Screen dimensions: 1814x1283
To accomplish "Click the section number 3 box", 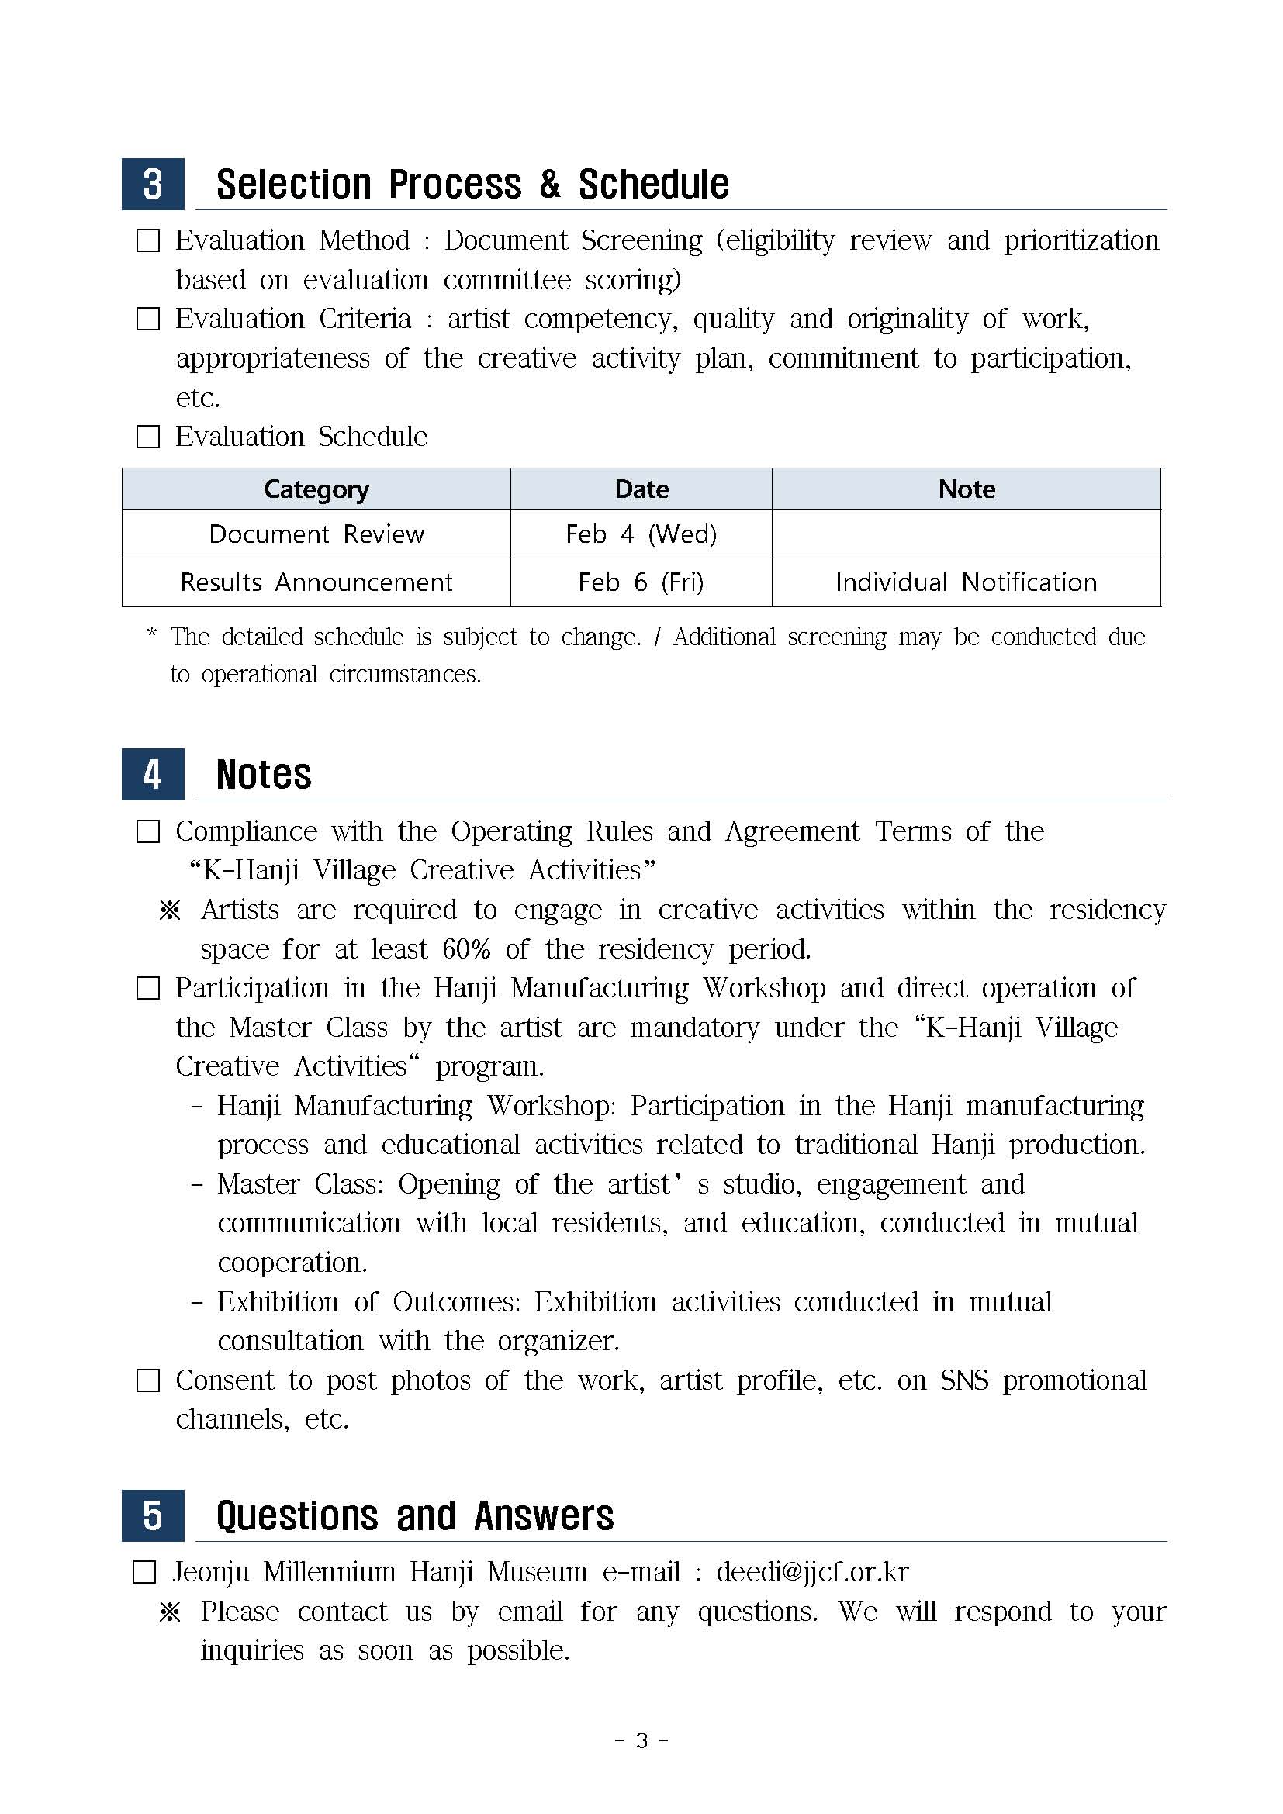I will tap(153, 184).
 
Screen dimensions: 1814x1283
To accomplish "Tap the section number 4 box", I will tap(153, 774).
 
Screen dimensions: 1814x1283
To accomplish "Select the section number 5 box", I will tap(153, 1515).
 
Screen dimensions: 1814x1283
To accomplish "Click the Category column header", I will tap(316, 489).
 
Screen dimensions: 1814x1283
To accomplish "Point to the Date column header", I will tap(641, 489).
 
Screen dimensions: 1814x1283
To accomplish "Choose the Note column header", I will tap(967, 489).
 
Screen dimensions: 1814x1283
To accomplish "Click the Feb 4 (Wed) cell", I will tap(641, 534).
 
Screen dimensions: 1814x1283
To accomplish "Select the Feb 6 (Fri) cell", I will tap(641, 582).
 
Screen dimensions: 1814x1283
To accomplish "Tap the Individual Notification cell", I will tap(967, 582).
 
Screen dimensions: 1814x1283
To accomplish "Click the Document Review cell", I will tap(316, 534).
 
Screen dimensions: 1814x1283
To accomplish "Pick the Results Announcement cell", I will tap(316, 582).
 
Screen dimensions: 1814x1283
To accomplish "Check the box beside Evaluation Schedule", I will tap(147, 437).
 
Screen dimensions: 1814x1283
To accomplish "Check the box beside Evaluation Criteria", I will tap(147, 320).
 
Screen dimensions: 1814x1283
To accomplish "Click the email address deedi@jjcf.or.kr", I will tap(812, 1572).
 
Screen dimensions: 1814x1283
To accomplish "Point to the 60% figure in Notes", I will tap(466, 948).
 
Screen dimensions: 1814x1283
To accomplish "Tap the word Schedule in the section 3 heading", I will tap(653, 185).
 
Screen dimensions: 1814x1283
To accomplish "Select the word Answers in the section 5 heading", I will tap(544, 1516).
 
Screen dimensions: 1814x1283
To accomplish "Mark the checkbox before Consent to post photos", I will tap(147, 1381).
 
